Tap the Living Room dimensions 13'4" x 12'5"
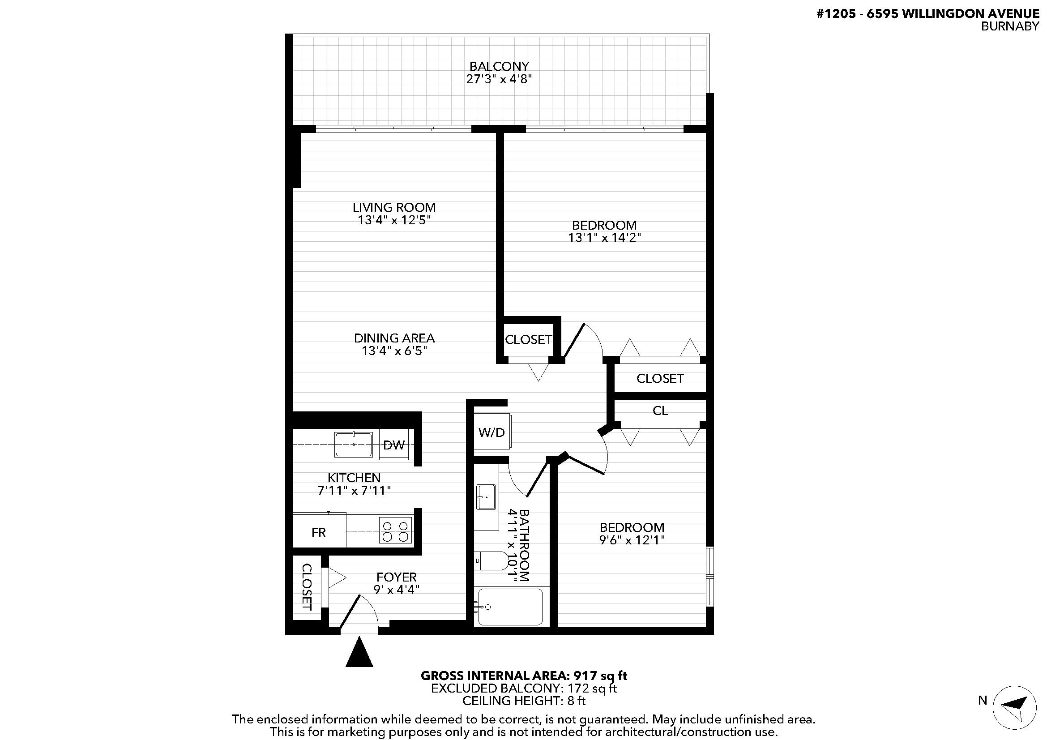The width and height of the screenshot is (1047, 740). pyautogui.click(x=394, y=220)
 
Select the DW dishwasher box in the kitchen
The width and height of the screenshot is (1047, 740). pyautogui.click(x=394, y=445)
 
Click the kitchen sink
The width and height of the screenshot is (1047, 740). pyautogui.click(x=354, y=445)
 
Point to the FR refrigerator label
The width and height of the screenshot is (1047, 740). pyautogui.click(x=318, y=532)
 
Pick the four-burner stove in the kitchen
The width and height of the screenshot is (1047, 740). pyautogui.click(x=395, y=530)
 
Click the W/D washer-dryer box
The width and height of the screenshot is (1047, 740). pyautogui.click(x=491, y=432)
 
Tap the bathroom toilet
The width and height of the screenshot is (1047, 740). pyautogui.click(x=491, y=561)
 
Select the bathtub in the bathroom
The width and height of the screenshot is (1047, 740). pyautogui.click(x=510, y=607)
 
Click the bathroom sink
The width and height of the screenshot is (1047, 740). pyautogui.click(x=486, y=497)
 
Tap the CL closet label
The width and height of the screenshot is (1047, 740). pyautogui.click(x=660, y=411)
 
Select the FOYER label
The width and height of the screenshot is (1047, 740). pyautogui.click(x=396, y=577)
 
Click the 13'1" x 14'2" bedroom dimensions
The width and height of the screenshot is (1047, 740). pyautogui.click(x=604, y=238)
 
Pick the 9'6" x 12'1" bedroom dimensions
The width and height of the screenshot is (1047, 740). pyautogui.click(x=632, y=540)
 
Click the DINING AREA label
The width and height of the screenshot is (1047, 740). pyautogui.click(x=394, y=338)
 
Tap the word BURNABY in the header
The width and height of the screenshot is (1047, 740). pyautogui.click(x=1009, y=26)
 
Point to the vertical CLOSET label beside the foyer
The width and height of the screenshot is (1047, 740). pyautogui.click(x=307, y=587)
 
